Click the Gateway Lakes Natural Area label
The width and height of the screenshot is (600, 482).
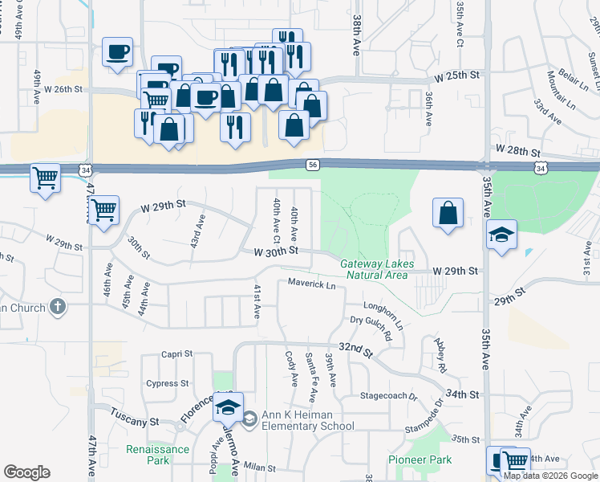point(375,269)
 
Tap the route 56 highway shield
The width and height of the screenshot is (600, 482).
point(314,164)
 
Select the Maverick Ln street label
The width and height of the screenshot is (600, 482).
point(312,284)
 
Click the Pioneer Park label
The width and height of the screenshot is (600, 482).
point(420,460)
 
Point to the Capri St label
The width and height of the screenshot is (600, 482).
point(176,353)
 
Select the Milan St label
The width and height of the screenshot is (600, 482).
point(260,468)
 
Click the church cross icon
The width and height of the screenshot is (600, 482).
point(56,306)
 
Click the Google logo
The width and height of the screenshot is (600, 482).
point(26,472)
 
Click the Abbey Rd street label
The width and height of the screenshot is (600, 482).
point(440,355)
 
